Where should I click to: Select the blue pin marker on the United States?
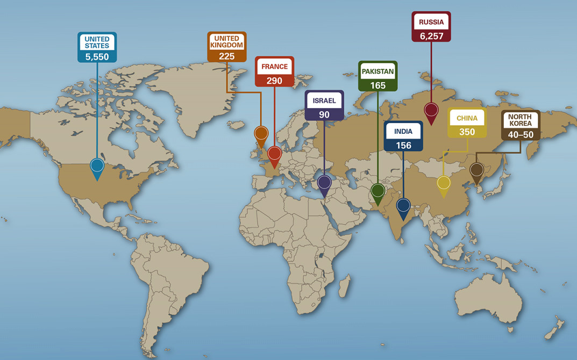(97, 166)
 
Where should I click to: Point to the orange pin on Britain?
(261, 133)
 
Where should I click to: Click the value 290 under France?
(274, 81)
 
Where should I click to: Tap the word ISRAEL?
(324, 100)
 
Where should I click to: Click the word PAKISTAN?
(377, 71)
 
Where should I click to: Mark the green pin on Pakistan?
(378, 190)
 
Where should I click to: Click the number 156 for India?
(403, 145)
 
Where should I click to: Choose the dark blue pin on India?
(403, 205)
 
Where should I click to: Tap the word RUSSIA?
(431, 22)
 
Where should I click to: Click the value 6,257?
(431, 35)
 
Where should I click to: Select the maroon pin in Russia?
(431, 111)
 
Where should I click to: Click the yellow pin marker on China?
(444, 183)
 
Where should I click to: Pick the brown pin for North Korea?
(476, 170)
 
